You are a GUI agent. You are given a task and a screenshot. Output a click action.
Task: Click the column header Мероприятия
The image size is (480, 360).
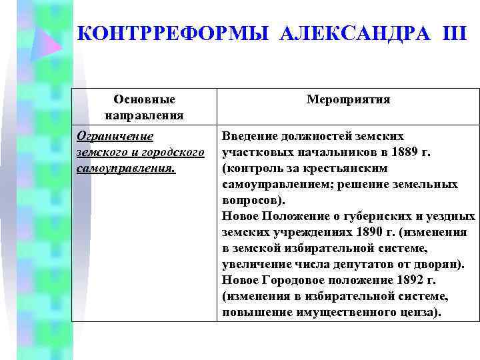click(x=348, y=99)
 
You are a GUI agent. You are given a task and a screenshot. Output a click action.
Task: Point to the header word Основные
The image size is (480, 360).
click(x=145, y=99)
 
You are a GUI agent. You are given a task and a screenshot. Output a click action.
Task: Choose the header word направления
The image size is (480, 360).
click(x=145, y=115)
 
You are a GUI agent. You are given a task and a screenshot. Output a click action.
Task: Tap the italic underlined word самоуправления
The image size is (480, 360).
click(x=126, y=168)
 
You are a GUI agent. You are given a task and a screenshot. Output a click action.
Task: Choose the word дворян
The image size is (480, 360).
click(x=443, y=264)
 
